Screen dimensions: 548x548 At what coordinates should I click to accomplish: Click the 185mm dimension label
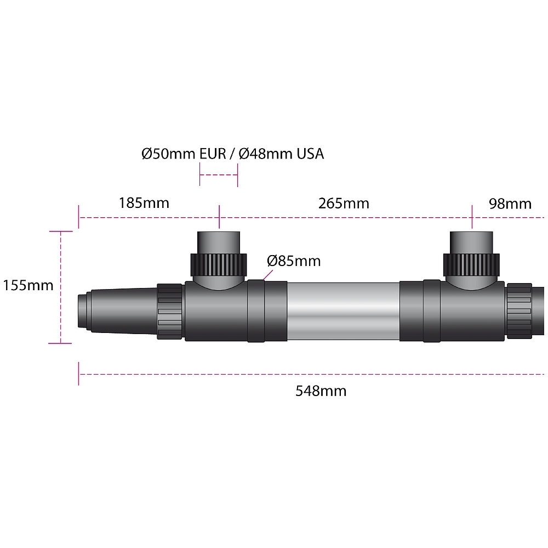[144, 203]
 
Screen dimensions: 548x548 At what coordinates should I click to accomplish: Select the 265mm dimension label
[344, 204]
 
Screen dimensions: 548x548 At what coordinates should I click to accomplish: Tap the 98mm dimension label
[510, 204]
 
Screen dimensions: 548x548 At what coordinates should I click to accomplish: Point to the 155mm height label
[28, 285]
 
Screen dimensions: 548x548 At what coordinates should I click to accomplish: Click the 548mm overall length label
[321, 391]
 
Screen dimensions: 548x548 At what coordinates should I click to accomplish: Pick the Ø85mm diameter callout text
[294, 261]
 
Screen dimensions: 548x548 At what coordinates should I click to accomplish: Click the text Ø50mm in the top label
[168, 154]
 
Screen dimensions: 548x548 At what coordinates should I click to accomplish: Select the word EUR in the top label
[213, 154]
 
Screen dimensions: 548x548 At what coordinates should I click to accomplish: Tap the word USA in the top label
[310, 154]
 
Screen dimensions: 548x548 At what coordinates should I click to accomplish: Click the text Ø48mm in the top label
[266, 154]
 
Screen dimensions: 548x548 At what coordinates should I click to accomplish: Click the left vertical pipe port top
[219, 242]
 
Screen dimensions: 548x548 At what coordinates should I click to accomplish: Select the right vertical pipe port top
[471, 242]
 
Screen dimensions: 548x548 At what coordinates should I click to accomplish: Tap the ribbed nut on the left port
[219, 265]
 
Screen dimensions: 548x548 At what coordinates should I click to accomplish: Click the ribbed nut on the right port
[471, 265]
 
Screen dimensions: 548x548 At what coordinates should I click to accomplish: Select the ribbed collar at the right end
[520, 311]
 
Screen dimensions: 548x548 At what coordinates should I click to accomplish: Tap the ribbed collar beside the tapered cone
[169, 311]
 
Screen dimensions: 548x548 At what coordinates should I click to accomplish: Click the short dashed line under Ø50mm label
[219, 174]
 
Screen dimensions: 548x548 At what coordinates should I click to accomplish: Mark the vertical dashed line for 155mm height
[61, 287]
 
